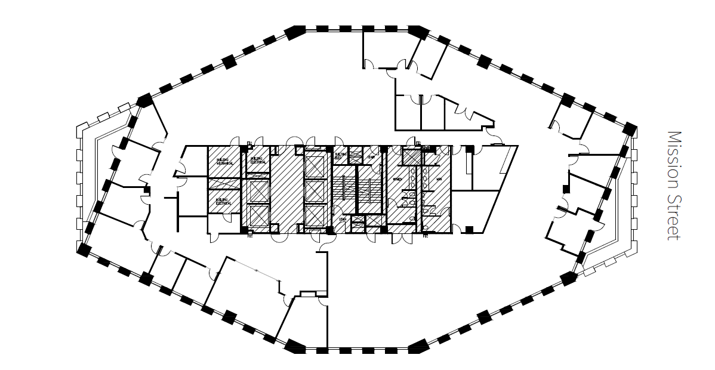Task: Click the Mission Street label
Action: point(674,186)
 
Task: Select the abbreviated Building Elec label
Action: point(340,156)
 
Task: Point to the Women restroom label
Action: point(396,178)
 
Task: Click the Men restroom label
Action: point(439,178)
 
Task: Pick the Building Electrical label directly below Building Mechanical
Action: point(222,201)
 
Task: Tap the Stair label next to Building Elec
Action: point(370,158)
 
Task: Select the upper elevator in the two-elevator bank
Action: point(258,191)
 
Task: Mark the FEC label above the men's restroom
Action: point(418,143)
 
